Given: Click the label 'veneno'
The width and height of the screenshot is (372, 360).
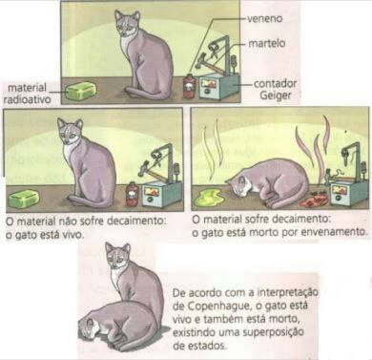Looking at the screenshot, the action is point(264,18).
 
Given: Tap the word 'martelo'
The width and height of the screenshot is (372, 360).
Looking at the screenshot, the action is point(267,43).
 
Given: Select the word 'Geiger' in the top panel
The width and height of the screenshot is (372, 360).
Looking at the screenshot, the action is point(276,95).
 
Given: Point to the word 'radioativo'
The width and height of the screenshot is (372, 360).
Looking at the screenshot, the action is point(27,99).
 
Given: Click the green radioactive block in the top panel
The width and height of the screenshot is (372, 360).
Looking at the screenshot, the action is point(81,91).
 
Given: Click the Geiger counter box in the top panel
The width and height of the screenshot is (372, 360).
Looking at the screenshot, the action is point(219,86).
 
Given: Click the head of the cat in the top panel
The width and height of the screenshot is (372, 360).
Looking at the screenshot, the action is point(128,24).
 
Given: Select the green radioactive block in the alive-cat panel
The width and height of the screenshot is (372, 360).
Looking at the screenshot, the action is point(24,199).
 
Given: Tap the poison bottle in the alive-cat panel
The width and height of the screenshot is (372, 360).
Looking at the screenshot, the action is point(133,194).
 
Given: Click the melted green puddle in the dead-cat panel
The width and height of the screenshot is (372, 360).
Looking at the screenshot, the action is point(209,197).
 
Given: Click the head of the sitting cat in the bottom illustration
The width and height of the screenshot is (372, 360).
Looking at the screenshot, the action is point(118,255).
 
